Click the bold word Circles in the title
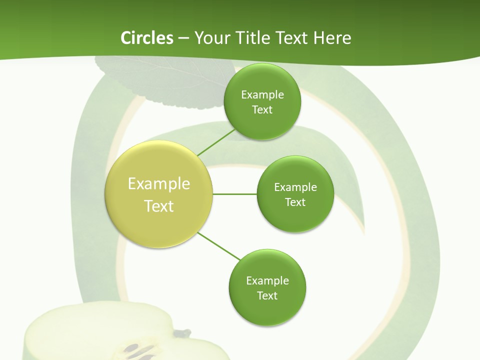coord(146,38)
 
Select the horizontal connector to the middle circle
coord(234,194)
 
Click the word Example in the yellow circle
coord(159,184)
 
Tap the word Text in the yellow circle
coord(159,206)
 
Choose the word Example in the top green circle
coord(262,95)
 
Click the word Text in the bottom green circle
coord(267,295)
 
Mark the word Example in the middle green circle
coord(295,187)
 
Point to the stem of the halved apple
coord(183,332)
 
